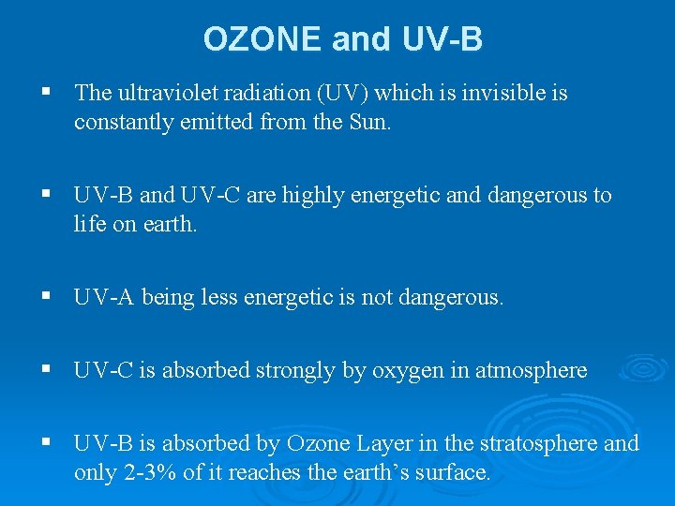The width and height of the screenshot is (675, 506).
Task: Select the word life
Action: [x=88, y=224]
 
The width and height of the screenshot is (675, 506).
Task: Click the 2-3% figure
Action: [x=150, y=472]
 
